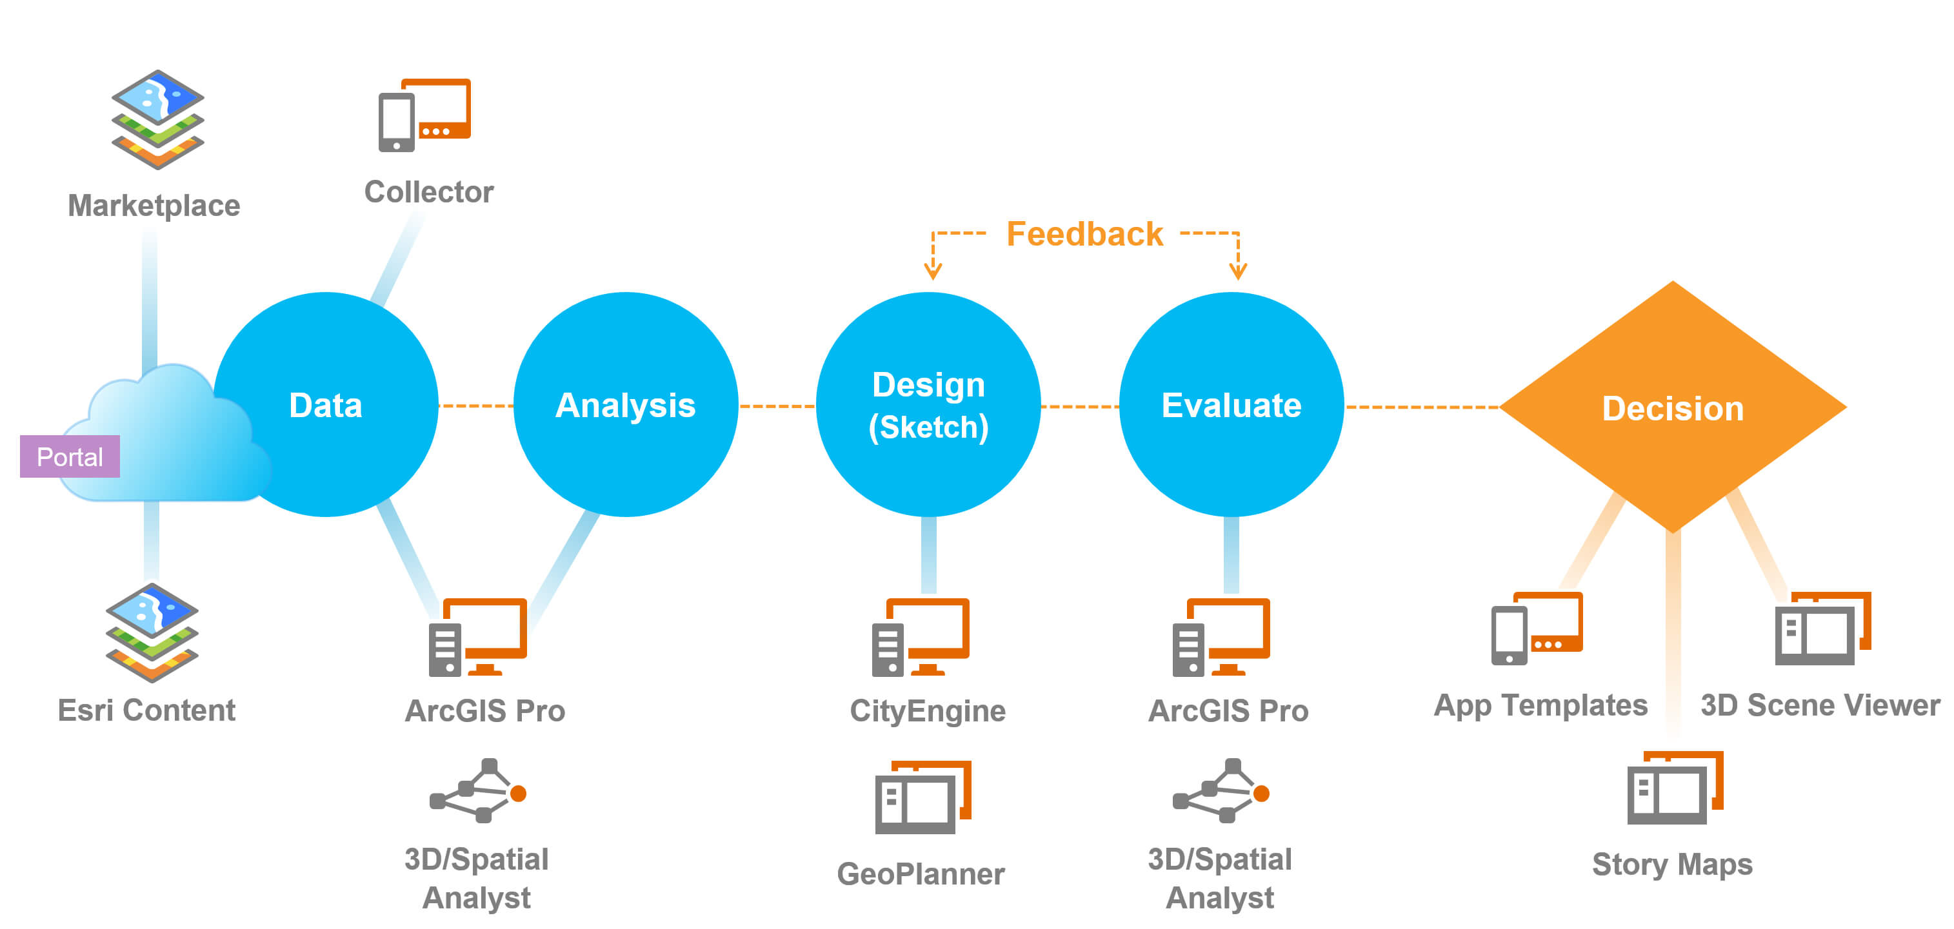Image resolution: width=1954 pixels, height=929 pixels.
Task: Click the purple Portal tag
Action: tap(70, 456)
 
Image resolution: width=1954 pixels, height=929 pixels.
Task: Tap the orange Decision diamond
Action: tap(1673, 407)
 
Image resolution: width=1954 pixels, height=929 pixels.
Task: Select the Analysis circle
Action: tap(626, 405)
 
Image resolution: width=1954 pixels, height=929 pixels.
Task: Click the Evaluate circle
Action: tap(1231, 405)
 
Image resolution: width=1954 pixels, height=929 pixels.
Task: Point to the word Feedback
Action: tap(1084, 233)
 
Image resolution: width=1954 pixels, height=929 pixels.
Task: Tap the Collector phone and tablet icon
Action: tap(424, 115)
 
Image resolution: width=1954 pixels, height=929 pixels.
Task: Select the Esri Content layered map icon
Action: tap(152, 632)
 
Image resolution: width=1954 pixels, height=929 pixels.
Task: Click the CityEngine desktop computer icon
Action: tap(921, 637)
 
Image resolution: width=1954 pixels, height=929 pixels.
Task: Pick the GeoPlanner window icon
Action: tap(923, 797)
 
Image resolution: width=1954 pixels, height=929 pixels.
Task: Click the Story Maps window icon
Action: tap(1675, 788)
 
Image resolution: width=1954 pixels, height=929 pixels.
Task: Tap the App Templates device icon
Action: tap(1537, 628)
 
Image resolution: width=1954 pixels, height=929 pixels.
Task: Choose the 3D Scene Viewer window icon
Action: tap(1823, 628)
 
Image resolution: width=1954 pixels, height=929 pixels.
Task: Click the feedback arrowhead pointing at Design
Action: tap(933, 271)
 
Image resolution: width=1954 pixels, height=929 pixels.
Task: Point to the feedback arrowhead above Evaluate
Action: tap(1238, 271)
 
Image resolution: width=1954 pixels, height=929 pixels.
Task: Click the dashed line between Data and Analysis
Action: tap(475, 406)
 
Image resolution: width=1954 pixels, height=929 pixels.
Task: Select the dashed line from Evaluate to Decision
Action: tap(1421, 407)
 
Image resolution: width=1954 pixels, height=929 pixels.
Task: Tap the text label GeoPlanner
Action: tap(921, 874)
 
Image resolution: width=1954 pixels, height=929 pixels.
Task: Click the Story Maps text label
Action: tap(1672, 865)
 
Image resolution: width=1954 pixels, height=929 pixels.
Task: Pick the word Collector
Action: tap(428, 192)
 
